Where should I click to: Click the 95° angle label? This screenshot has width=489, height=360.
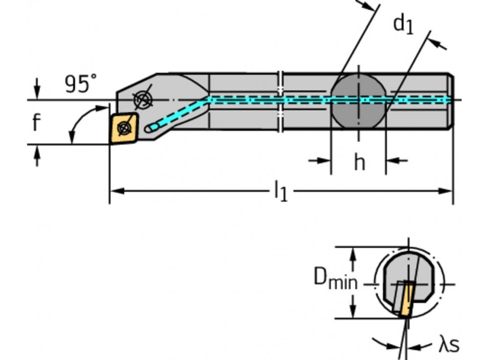(81, 84)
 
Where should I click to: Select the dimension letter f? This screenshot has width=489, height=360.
(36, 123)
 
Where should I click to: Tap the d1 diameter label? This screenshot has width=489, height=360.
(403, 24)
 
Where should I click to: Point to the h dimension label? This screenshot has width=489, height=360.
(359, 163)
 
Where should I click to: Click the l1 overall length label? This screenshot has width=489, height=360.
(280, 191)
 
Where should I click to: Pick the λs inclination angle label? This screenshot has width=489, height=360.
(448, 345)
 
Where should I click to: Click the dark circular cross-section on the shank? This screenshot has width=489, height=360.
(358, 102)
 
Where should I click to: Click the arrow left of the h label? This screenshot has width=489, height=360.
(320, 160)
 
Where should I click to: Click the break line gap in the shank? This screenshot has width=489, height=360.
(280, 102)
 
